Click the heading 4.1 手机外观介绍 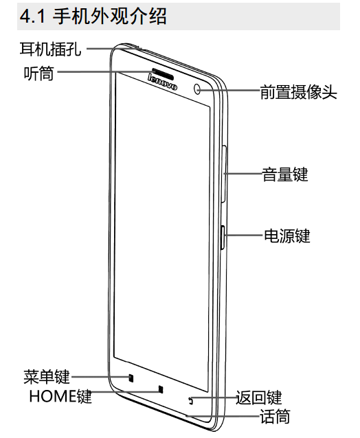(x=93, y=16)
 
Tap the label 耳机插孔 (x=50, y=49)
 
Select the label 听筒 (x=38, y=73)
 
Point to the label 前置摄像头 (x=298, y=92)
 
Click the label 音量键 (x=285, y=174)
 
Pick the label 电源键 (x=287, y=235)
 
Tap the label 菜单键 (x=47, y=376)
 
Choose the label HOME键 (x=60, y=396)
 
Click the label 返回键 (x=259, y=397)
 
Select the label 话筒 (x=275, y=416)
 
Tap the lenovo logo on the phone (x=162, y=82)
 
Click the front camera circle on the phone (x=197, y=89)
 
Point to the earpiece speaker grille (x=163, y=73)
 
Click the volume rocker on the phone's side (x=224, y=174)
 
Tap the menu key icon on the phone (x=131, y=378)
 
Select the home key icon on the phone (x=161, y=389)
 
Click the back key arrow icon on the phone (x=191, y=401)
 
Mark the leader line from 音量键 (x=243, y=174)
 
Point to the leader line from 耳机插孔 (x=114, y=49)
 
